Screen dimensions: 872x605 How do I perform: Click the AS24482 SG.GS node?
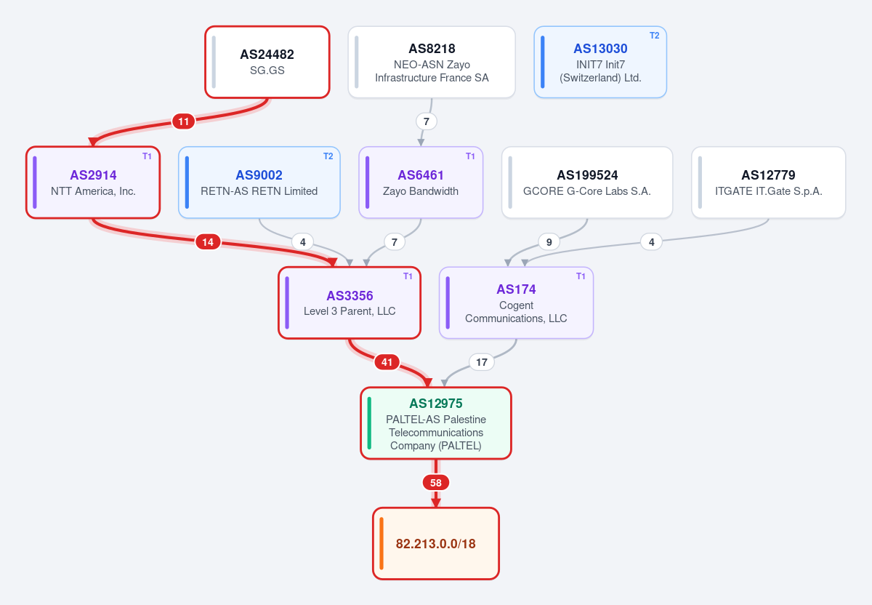267,63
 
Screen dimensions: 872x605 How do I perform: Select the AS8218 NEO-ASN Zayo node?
432,63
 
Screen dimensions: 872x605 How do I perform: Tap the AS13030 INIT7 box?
600,63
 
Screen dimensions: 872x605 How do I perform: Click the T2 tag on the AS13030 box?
655,36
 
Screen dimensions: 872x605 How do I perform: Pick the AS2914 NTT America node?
93,183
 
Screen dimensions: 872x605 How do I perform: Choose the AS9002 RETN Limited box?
259,183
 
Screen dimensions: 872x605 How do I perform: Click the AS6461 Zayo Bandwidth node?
421,183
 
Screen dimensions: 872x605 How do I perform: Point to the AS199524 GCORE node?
587,183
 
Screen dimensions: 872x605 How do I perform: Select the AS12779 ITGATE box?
769,183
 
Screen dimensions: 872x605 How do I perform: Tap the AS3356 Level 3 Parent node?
350,302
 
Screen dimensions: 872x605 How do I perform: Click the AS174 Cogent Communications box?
516,302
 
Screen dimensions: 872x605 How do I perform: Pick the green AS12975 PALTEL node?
435,423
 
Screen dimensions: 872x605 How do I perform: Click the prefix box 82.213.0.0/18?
435,543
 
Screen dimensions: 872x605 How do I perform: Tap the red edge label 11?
183,121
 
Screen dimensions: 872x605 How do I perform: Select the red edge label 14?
208,242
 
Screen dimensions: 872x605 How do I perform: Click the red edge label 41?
387,362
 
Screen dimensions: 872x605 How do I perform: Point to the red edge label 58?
435,483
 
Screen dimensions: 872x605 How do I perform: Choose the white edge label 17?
482,362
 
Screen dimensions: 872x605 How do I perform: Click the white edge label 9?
549,242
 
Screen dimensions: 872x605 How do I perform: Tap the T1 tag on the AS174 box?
581,276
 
